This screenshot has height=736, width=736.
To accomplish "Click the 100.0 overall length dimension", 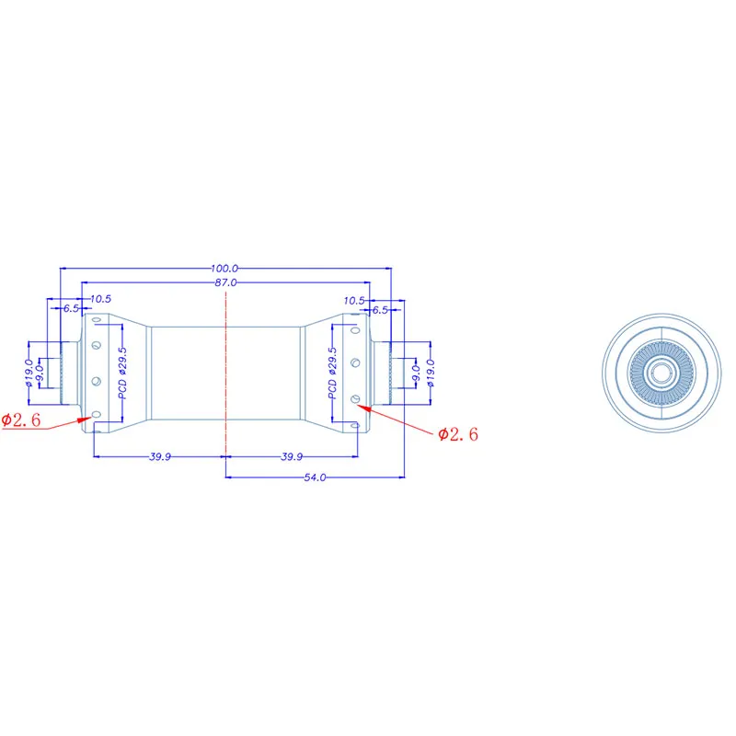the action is tap(224, 269).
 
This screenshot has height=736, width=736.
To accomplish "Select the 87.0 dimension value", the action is tap(225, 282).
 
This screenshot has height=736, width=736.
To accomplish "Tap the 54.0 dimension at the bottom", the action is tap(315, 477).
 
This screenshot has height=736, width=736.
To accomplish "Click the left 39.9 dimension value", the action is tap(160, 456).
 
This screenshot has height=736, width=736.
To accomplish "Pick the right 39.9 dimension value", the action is tap(292, 456).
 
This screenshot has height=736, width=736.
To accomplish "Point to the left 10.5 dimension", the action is tap(100, 298).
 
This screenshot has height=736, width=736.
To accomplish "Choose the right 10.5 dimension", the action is tap(354, 301).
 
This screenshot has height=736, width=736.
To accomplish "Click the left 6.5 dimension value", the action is tap(72, 308).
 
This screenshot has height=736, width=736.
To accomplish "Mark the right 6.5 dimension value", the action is tap(380, 310).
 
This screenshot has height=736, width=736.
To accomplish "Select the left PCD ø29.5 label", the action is tap(122, 374).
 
